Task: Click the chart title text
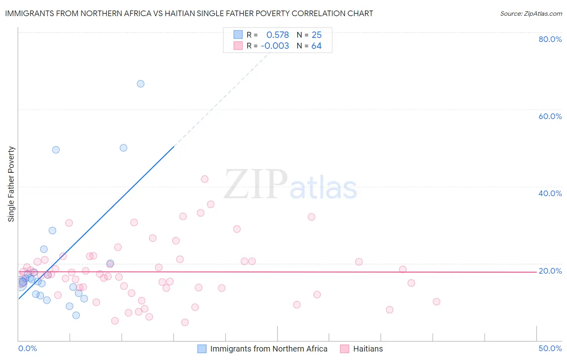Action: coord(189,13)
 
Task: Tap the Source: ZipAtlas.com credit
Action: coord(531,13)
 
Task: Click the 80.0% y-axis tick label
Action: coord(550,39)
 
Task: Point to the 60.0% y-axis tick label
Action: coord(550,116)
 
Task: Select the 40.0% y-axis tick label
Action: coord(550,193)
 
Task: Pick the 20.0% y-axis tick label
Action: coord(550,271)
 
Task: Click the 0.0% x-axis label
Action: coord(27,348)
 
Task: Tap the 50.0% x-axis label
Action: coord(550,348)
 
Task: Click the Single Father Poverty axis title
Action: coord(11,184)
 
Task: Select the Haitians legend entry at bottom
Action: coord(368,349)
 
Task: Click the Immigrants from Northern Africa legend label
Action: coord(269,349)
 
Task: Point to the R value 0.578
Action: coord(277,35)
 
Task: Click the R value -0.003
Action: coord(275,46)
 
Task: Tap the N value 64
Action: coord(316,46)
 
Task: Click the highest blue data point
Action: coord(140,84)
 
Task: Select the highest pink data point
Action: coord(204,179)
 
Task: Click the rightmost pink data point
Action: coord(436,301)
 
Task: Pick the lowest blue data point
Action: coord(76,315)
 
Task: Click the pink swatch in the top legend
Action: coord(238,46)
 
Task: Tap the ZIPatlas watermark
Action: coord(290,185)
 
